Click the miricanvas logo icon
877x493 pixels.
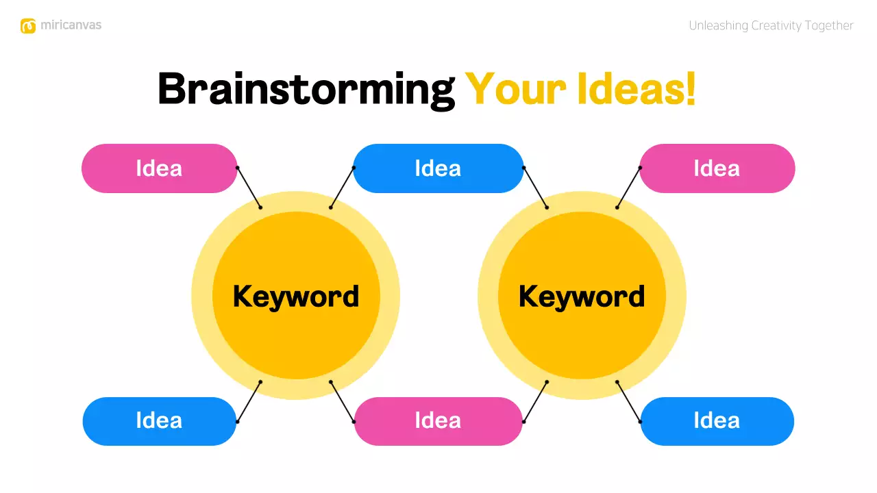pyautogui.click(x=28, y=26)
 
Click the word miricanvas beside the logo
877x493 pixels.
pyautogui.click(x=71, y=25)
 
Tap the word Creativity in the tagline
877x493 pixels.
pyautogui.click(x=778, y=26)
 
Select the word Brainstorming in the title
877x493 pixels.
pyautogui.click(x=306, y=90)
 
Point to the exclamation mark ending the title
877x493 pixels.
pyautogui.click(x=691, y=88)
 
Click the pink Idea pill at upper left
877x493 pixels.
pyautogui.click(x=159, y=168)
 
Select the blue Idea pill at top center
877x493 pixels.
pyautogui.click(x=438, y=168)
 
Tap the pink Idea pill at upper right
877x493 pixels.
pyautogui.click(x=717, y=168)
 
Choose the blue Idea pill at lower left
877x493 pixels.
pyautogui.click(x=159, y=420)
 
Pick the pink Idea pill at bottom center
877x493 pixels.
pyautogui.click(x=438, y=420)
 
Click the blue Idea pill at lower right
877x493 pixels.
pyautogui.click(x=717, y=420)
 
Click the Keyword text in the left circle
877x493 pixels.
pyautogui.click(x=296, y=296)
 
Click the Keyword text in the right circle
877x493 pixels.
pyautogui.click(x=582, y=296)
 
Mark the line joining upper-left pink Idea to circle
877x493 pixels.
pyautogui.click(x=249, y=188)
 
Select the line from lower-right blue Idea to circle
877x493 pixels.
pyautogui.click(x=628, y=401)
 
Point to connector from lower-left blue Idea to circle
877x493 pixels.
pyautogui.click(x=249, y=401)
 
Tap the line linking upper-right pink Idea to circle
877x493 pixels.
pyautogui.click(x=628, y=188)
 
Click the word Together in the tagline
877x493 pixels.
pyautogui.click(x=830, y=26)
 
